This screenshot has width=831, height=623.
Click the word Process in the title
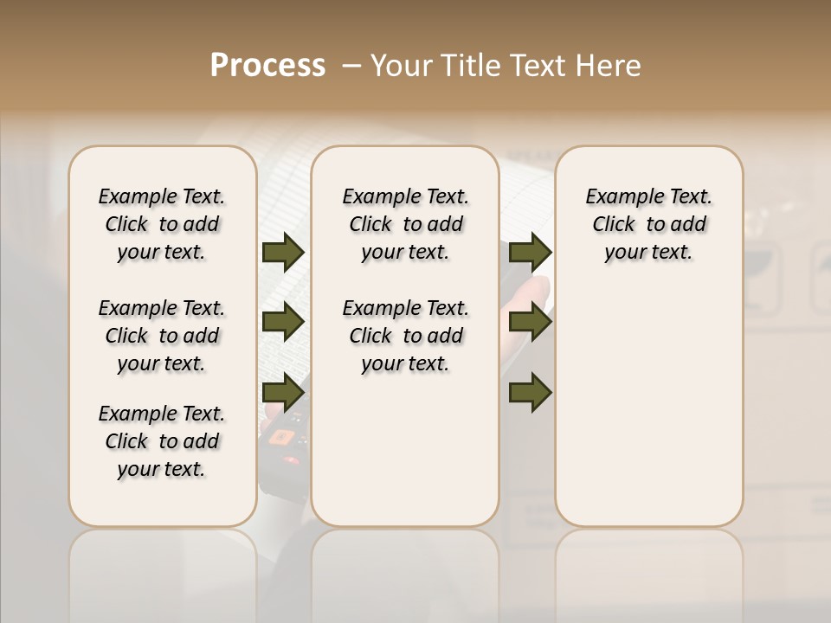[x=267, y=66]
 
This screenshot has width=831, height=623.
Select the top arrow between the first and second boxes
[x=283, y=253]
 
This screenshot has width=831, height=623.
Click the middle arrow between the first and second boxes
[x=283, y=321]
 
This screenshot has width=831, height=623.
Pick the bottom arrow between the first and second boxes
[x=283, y=392]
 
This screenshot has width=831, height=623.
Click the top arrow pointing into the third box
[x=530, y=253]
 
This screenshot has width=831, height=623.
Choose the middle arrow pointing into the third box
[x=530, y=321]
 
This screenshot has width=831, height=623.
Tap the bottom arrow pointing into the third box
[x=530, y=392]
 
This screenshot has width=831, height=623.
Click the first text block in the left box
[x=162, y=224]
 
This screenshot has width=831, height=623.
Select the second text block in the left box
[x=162, y=336]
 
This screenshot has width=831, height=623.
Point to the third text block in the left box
[x=162, y=441]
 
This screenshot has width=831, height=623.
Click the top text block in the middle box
[x=405, y=224]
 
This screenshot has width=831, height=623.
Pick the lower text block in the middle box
[x=405, y=336]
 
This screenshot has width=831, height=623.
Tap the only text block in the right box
[x=648, y=224]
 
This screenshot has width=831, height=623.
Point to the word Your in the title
[x=403, y=66]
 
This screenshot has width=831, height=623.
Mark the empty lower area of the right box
[x=648, y=407]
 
